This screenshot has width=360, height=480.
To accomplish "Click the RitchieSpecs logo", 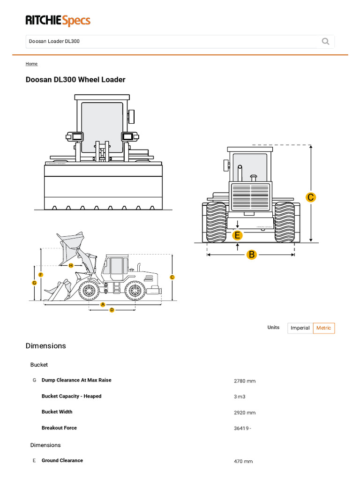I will [58, 21].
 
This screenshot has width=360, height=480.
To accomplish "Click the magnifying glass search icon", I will [325, 41].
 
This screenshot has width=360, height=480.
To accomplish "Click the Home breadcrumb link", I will [31, 64].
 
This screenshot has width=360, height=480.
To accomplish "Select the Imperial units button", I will [300, 328].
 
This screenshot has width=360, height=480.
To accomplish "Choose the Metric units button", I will [324, 328].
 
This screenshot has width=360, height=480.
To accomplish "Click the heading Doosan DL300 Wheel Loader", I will [75, 80].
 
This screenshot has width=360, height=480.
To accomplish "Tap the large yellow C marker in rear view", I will [310, 197].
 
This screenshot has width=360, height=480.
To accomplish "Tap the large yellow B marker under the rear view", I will [252, 255].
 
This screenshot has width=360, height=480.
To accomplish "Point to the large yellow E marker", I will [238, 235].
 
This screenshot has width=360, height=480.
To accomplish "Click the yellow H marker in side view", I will [71, 265].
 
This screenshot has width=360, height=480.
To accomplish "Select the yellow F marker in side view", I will [41, 275].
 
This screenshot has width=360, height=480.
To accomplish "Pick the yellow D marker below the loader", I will [112, 310].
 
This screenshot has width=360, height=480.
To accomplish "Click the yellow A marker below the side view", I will [103, 305].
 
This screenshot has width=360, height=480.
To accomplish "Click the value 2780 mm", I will [245, 381].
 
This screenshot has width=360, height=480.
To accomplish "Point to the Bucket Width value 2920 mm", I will [245, 412].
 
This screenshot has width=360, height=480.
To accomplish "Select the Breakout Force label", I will [59, 427].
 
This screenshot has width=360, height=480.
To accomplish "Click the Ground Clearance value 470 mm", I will [243, 461].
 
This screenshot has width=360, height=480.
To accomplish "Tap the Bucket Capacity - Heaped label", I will [71, 396].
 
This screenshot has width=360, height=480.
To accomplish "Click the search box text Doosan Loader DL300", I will [54, 41].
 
